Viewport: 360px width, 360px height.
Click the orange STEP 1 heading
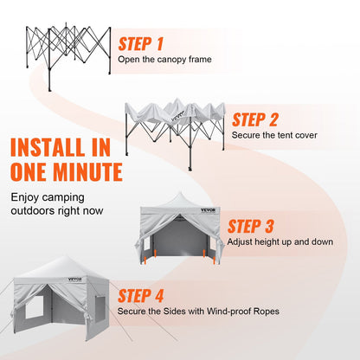click(x=141, y=44)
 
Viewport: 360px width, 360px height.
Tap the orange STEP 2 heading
click(x=254, y=120)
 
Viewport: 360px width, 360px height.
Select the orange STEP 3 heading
click(x=250, y=227)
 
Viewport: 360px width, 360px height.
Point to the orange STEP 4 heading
click(x=140, y=296)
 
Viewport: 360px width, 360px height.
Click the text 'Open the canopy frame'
click(x=164, y=60)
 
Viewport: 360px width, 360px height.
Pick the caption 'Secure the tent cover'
click(x=274, y=135)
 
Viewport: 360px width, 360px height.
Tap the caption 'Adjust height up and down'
click(x=280, y=241)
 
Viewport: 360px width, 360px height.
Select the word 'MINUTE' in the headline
click(x=87, y=172)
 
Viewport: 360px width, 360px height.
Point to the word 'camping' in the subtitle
click(x=63, y=198)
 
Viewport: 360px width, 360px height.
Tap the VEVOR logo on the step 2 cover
click(x=177, y=118)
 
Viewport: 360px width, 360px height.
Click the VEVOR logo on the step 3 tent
click(x=208, y=210)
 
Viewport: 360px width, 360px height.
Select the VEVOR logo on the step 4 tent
click(x=75, y=280)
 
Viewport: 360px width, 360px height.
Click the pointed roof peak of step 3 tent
click(x=180, y=192)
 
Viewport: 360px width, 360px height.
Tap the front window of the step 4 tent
click(x=34, y=307)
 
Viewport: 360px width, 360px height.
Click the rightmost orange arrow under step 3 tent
click(x=214, y=260)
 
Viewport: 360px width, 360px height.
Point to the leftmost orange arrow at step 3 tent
click(x=145, y=260)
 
